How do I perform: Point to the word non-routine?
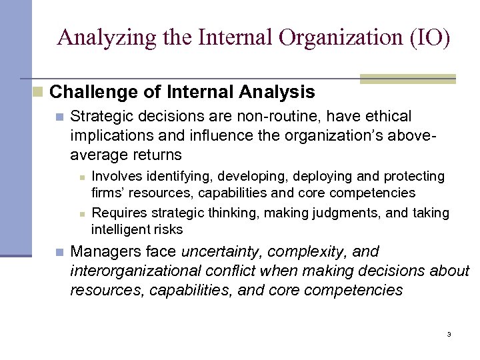273,117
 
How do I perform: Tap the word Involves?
115,177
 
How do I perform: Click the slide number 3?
449,335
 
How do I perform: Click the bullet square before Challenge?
38,91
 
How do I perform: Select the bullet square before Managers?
59,253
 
